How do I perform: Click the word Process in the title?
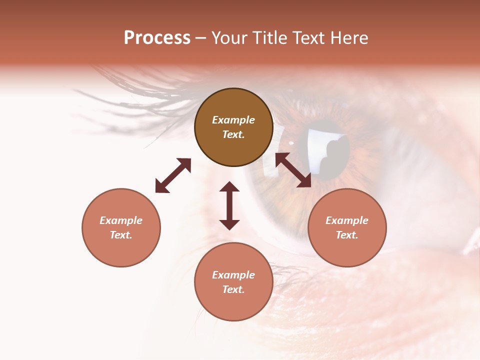[x=157, y=38]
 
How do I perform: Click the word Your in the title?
[x=229, y=38]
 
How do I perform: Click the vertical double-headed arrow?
[x=229, y=206]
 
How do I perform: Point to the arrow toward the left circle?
[x=173, y=175]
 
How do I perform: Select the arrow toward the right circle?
[x=293, y=170]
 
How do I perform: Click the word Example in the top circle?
[x=233, y=120]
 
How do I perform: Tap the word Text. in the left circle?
[x=121, y=235]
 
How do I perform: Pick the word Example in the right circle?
[x=347, y=220]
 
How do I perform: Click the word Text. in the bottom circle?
[x=233, y=289]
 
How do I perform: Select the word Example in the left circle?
[x=121, y=220]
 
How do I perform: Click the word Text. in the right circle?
[x=347, y=235]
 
